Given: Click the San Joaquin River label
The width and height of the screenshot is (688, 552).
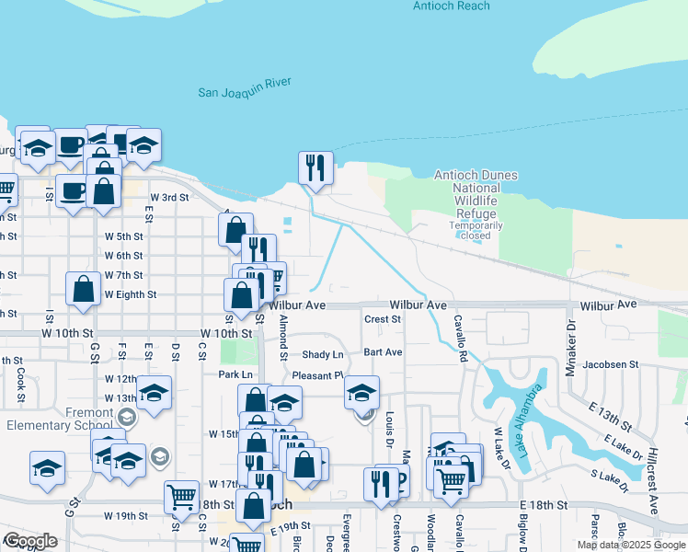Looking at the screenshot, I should [x=245, y=87].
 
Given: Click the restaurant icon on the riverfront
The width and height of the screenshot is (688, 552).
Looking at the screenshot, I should [x=315, y=168].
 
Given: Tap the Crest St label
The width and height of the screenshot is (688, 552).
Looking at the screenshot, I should [x=383, y=319].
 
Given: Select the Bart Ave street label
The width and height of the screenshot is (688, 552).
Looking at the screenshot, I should [x=383, y=352].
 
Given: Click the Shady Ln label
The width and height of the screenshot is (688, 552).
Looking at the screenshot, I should [x=322, y=355].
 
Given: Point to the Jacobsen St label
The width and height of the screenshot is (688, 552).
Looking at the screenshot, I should [x=610, y=364].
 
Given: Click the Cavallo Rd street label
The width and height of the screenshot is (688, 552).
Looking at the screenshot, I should [x=461, y=337].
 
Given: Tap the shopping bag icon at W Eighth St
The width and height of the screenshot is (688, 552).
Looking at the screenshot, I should [x=84, y=288].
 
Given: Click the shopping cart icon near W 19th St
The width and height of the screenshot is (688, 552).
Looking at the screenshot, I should [x=182, y=497].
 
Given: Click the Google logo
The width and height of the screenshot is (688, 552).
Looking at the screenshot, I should [x=30, y=542].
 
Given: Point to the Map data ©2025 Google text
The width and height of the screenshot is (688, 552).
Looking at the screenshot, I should [x=630, y=545].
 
